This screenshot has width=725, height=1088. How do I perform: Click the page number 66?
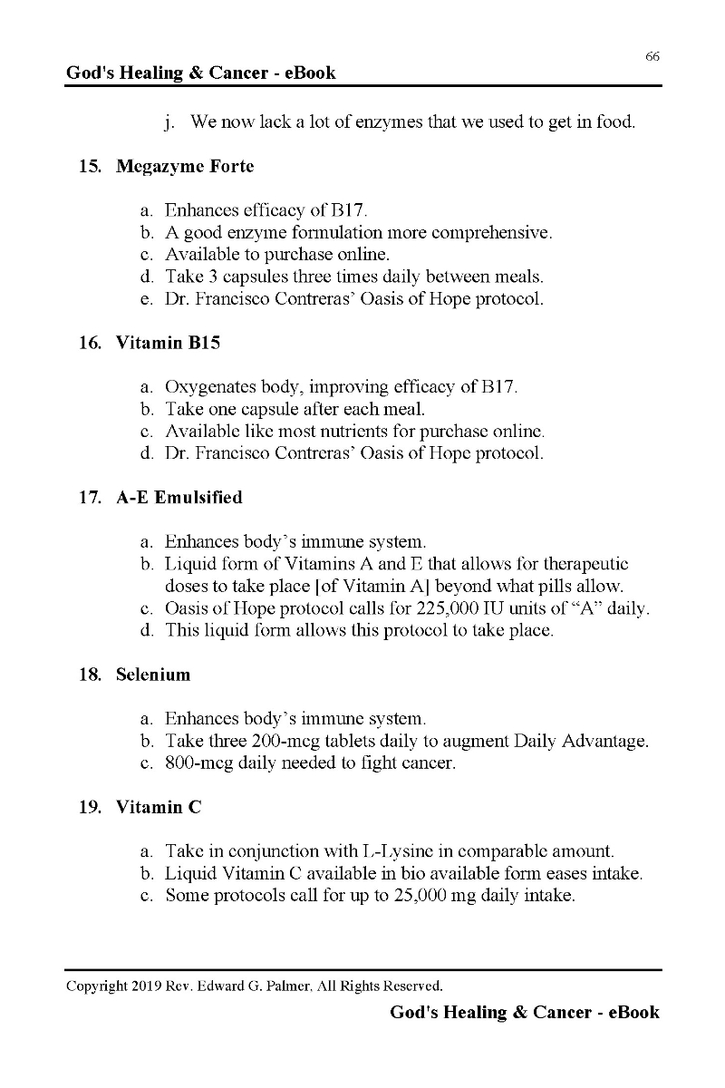[652, 56]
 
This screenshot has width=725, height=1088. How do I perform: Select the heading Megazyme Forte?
[185, 167]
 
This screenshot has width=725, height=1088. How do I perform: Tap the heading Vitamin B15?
[169, 344]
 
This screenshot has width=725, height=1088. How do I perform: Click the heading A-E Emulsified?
[179, 498]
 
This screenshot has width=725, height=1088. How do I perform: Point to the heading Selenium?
[153, 675]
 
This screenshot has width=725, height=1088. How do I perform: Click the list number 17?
[90, 498]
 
